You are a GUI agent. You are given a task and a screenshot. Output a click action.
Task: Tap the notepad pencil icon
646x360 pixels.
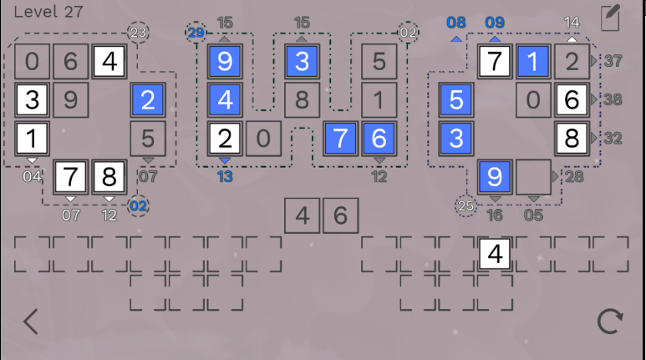pos(610,18)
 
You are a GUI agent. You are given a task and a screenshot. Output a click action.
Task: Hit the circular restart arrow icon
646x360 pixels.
pos(611,322)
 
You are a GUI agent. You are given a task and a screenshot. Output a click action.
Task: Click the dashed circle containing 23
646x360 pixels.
pos(138,33)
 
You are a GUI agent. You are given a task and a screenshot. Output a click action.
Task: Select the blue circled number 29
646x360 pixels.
pos(196,33)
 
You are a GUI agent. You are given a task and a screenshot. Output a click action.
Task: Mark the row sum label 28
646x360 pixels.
pos(574,176)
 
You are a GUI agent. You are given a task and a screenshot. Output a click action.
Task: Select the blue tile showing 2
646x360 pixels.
pos(148,99)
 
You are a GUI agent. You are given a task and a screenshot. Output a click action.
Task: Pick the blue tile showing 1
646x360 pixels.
pos(532,61)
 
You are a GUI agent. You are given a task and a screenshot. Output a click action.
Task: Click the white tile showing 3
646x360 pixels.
pos(32,99)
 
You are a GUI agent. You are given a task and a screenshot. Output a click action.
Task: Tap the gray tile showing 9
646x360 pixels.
pos(70,99)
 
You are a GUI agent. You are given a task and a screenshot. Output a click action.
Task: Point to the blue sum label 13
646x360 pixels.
pos(224,175)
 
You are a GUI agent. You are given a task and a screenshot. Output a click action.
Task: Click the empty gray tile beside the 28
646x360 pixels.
pos(532,176)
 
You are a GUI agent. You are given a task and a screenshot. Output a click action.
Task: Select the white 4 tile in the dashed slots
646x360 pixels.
pos(495,253)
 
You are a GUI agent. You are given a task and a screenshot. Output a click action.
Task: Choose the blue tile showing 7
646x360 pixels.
pos(340,138)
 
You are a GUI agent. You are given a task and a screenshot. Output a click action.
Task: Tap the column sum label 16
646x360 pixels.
pos(495,215)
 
